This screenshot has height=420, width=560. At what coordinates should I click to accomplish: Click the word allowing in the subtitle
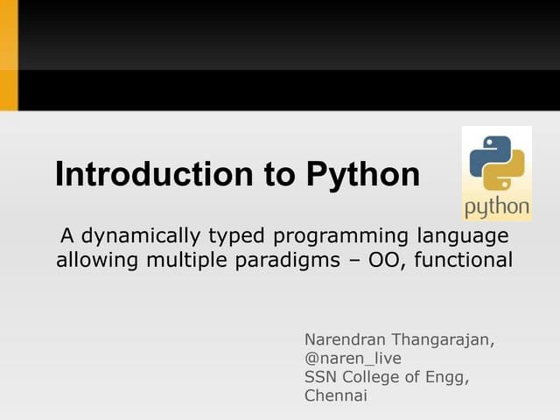(94, 260)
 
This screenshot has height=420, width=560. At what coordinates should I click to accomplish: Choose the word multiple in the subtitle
(178, 260)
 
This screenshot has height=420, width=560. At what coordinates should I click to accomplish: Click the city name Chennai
(335, 396)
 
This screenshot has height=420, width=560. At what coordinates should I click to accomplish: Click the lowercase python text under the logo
(496, 207)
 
